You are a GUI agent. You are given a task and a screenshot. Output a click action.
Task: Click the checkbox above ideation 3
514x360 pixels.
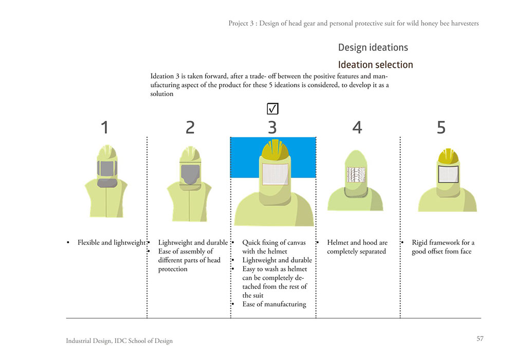(272, 109)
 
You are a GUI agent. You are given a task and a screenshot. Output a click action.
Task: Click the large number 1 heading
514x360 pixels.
(105, 128)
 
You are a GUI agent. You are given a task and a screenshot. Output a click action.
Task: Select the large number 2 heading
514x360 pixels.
(190, 128)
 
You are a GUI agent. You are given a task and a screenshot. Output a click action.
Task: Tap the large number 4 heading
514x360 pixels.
(357, 128)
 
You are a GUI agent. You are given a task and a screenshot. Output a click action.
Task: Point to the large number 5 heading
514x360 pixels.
(441, 128)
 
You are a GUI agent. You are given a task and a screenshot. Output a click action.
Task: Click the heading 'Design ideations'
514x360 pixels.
(373, 48)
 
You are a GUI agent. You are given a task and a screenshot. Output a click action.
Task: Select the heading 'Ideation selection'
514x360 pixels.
(375, 65)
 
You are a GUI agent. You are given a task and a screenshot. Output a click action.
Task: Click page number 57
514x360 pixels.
(480, 338)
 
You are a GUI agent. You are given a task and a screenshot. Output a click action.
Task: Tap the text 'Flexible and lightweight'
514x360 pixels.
(112, 243)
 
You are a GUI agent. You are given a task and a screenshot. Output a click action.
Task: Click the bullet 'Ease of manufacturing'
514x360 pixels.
(274, 304)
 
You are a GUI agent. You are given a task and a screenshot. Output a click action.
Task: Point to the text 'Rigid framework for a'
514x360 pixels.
(443, 243)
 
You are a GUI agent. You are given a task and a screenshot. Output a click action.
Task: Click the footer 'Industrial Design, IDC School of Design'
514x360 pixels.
(119, 341)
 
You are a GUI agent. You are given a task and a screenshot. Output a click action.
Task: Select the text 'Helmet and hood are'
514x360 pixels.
(357, 243)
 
